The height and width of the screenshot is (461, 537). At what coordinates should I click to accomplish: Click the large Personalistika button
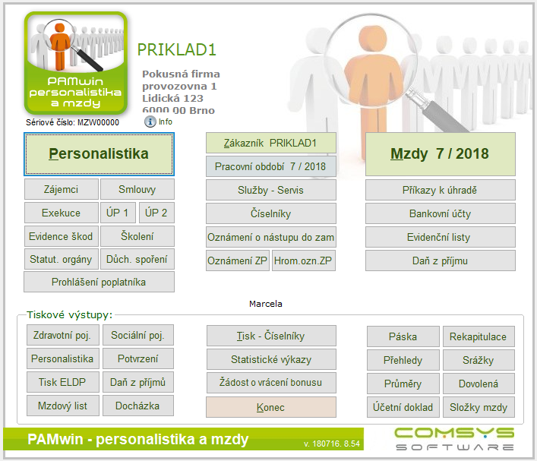(99, 154)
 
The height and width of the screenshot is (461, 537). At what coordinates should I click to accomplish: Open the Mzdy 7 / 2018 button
(440, 154)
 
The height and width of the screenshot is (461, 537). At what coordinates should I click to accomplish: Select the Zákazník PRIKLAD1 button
(270, 143)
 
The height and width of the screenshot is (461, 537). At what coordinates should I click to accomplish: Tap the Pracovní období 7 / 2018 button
(270, 166)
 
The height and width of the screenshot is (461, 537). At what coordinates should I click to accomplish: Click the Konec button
(270, 407)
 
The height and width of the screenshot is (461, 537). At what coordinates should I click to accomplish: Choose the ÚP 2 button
(156, 213)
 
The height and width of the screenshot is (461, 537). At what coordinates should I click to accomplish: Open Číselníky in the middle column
(270, 213)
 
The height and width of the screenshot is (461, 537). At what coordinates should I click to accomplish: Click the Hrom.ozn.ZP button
(303, 260)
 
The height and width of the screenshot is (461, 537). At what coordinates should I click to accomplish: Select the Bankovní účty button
(440, 213)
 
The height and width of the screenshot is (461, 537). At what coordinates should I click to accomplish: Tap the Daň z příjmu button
(440, 260)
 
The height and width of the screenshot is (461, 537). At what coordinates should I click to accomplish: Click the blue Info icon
(150, 122)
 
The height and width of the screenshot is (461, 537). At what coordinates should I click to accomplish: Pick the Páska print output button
(403, 336)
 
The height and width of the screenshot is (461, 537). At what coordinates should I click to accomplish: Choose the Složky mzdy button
(479, 407)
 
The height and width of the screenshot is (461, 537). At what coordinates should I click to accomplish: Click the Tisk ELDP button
(63, 382)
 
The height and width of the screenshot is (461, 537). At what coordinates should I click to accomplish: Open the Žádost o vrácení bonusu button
(270, 383)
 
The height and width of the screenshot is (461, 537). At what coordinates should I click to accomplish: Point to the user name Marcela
(266, 304)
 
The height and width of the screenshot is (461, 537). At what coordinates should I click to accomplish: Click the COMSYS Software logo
(454, 439)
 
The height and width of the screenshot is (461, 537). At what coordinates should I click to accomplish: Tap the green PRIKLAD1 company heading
(177, 50)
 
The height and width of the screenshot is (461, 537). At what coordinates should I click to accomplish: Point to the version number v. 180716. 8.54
(332, 444)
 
